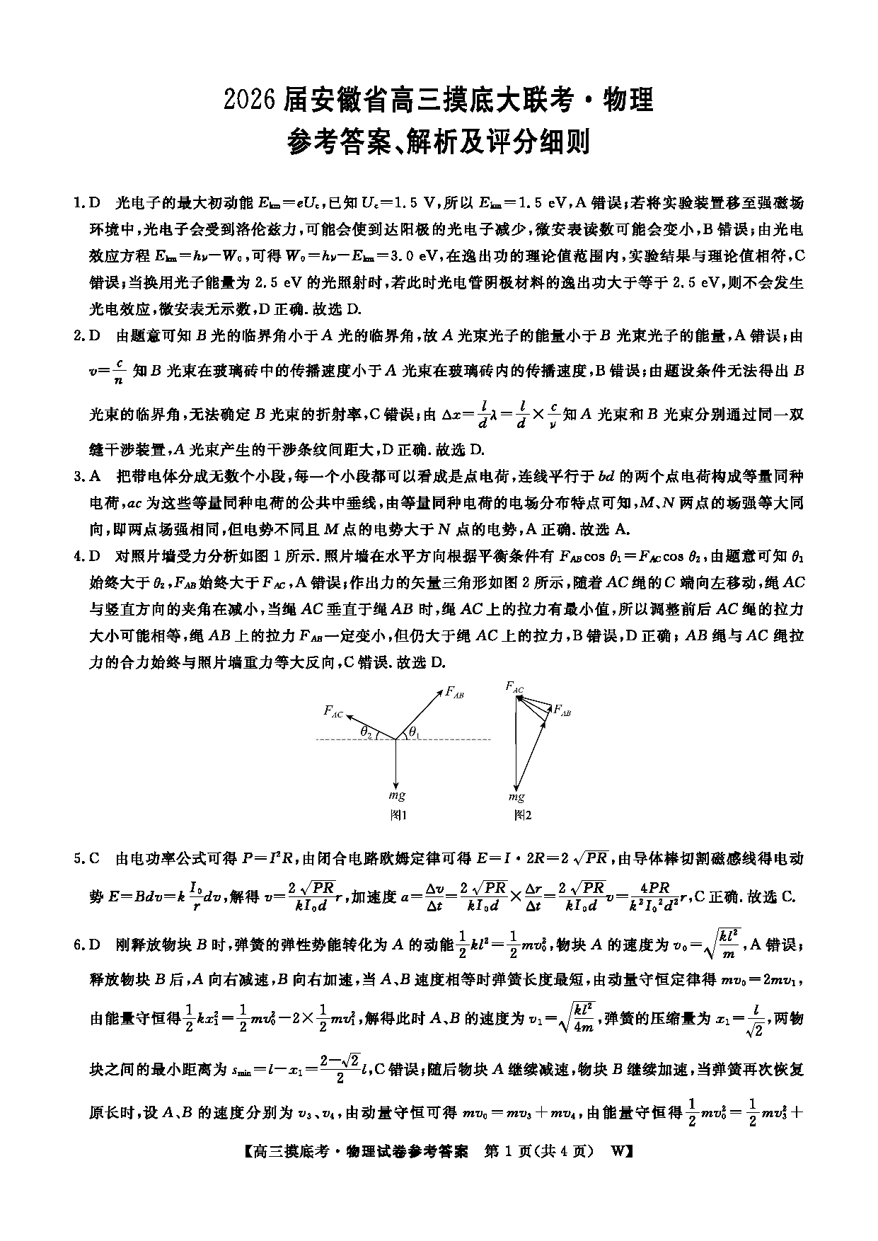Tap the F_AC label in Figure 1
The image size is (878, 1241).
[x=333, y=711]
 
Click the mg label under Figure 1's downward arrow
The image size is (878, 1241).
[x=397, y=796]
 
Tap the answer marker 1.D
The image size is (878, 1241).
[x=87, y=204]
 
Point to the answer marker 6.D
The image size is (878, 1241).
[x=87, y=945]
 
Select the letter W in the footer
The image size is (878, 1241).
[x=617, y=1151]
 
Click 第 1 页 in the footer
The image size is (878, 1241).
[x=505, y=1151]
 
